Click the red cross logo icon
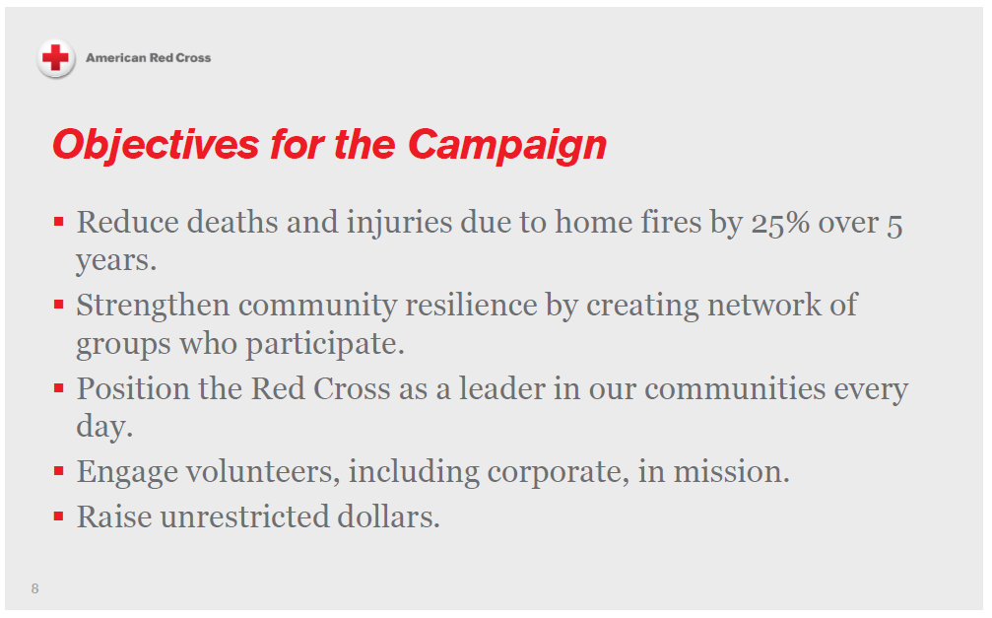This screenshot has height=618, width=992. [x=56, y=58]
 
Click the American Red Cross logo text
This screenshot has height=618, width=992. [x=148, y=58]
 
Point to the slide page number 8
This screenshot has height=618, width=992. [x=35, y=589]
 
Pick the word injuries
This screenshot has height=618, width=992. [x=399, y=223]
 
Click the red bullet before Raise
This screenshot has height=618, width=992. [x=59, y=515]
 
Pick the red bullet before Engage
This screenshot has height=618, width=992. [x=59, y=471]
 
